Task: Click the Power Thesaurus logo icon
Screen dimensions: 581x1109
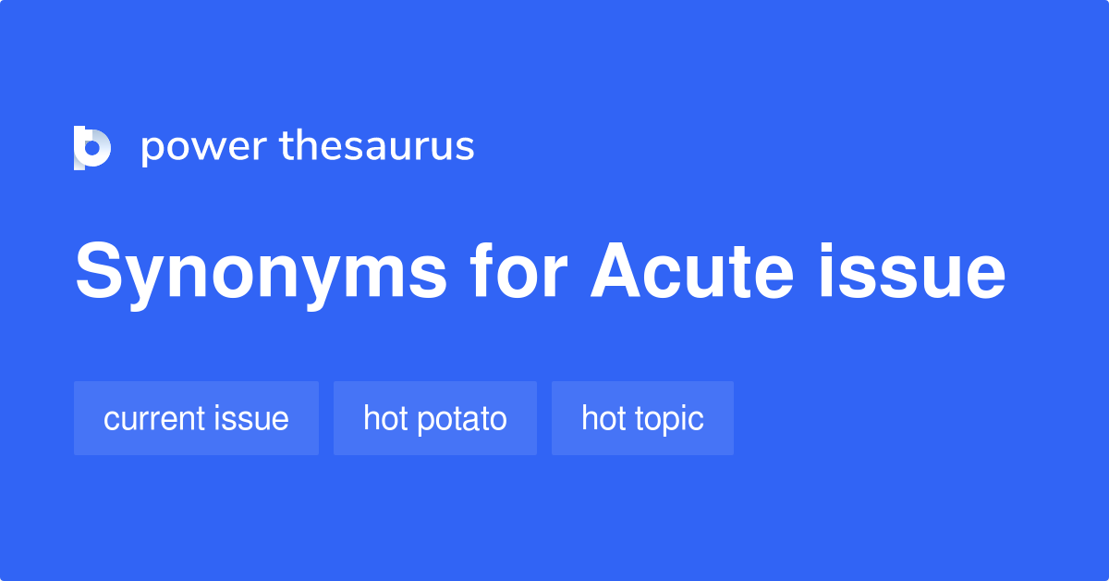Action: (92, 147)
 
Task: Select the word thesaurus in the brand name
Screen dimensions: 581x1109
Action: (376, 146)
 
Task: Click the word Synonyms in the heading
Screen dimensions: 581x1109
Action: (262, 274)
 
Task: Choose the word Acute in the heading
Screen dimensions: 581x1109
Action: (691, 272)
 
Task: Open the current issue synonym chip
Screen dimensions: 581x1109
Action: (196, 418)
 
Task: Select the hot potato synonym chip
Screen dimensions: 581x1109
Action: (434, 418)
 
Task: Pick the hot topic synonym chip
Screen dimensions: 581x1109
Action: (642, 418)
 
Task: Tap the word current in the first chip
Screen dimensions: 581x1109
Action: (157, 419)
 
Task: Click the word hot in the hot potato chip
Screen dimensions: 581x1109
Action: (383, 418)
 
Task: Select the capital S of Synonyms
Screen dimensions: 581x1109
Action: (99, 272)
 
